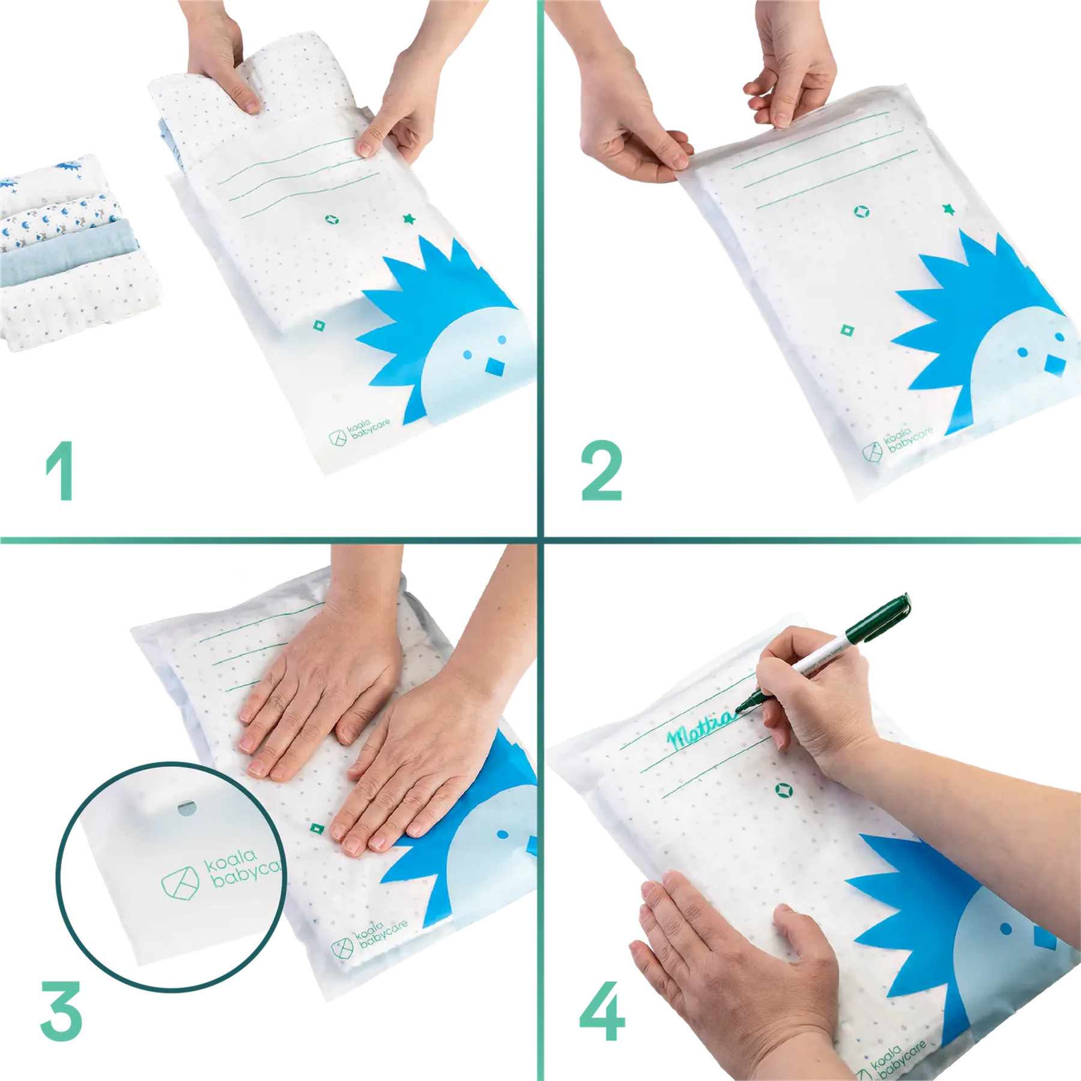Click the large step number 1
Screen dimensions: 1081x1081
click(x=61, y=471)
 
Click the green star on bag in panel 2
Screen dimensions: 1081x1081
click(x=948, y=209)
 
